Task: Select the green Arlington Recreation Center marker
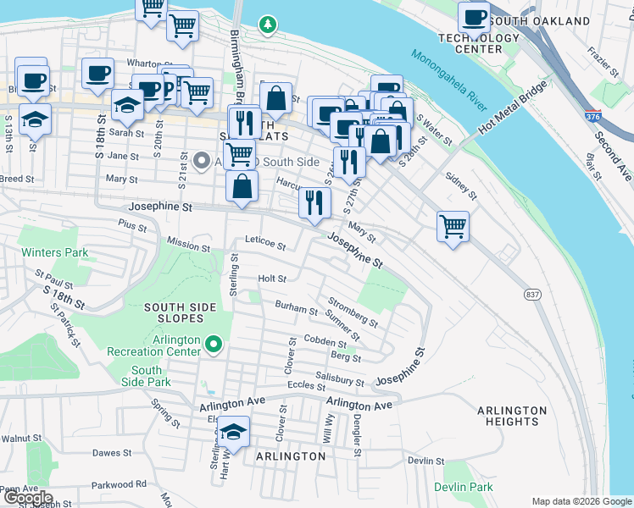click(x=214, y=345)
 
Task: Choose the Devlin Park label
click(x=463, y=487)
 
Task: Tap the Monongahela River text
click(x=449, y=82)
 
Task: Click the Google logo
click(x=27, y=498)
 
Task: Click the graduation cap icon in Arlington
click(x=234, y=433)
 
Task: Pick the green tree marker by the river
click(x=269, y=25)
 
